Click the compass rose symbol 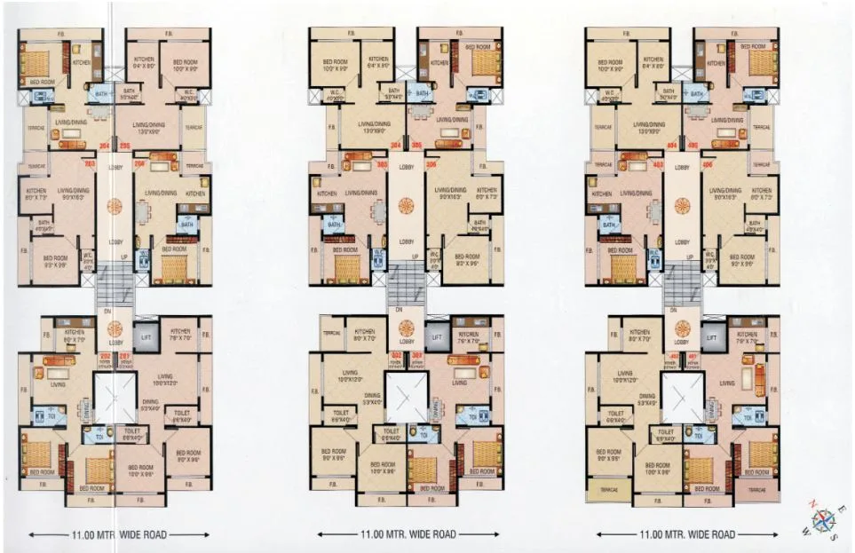(824, 518)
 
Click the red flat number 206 (139, 164)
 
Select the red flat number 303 (383, 164)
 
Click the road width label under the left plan (120, 535)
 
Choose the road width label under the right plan (687, 535)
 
